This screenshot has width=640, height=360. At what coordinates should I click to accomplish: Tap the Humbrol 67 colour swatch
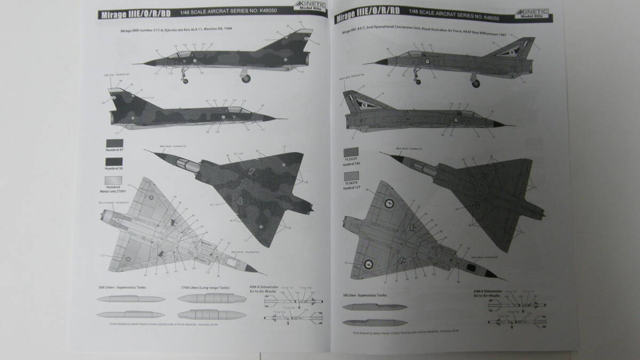click(x=115, y=145)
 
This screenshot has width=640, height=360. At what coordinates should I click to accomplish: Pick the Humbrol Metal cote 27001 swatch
click(x=115, y=181)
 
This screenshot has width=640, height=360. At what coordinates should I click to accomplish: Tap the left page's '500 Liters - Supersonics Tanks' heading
click(x=123, y=287)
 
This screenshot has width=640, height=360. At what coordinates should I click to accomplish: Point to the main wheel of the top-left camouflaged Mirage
click(x=247, y=78)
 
